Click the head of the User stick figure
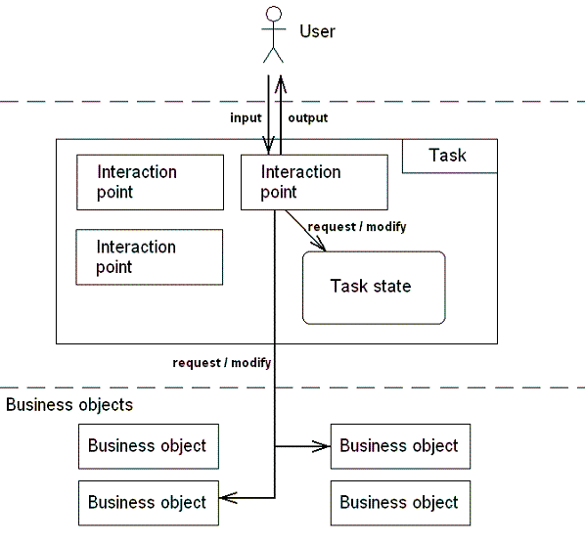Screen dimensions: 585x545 (x=274, y=14)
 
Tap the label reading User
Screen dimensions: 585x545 (x=317, y=31)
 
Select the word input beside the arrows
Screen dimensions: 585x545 (x=246, y=118)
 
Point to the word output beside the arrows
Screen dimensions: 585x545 (x=308, y=118)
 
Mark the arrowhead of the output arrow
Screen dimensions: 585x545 (x=281, y=84)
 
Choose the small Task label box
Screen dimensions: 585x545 (x=450, y=156)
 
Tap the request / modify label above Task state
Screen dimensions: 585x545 (x=357, y=227)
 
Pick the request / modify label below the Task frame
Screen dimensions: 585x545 (x=222, y=363)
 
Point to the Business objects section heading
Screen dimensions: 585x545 (x=69, y=405)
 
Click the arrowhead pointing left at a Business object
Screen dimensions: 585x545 (x=228, y=498)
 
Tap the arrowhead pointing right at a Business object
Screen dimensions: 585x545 (x=321, y=446)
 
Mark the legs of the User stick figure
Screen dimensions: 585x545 (x=274, y=55)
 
